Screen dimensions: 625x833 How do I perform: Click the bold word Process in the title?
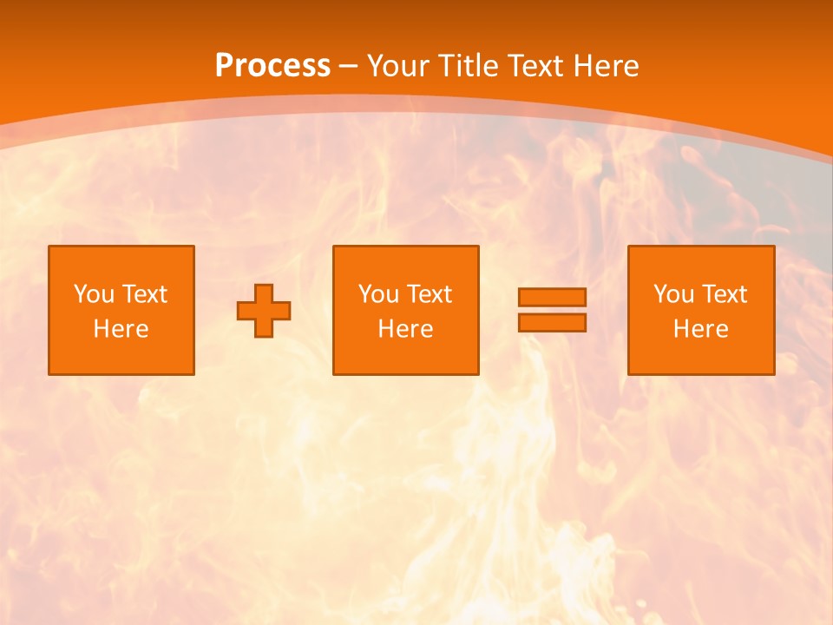coord(272,66)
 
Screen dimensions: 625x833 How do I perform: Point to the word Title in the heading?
coord(463,66)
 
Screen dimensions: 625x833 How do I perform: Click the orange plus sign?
coord(264,311)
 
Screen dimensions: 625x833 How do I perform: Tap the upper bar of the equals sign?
coord(552,298)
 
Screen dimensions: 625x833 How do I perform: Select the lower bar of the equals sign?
coord(552,322)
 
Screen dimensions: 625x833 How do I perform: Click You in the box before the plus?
coord(94,294)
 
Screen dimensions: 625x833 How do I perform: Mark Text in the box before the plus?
coord(144,294)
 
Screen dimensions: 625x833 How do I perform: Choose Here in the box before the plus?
coord(121,329)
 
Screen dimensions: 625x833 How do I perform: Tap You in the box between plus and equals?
coord(378,294)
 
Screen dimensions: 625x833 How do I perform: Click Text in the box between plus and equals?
coord(429,294)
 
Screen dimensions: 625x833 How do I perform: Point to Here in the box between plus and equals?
coord(405,329)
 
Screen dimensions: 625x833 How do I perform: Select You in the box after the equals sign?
coord(673,294)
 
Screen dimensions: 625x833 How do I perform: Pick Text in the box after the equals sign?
coord(724,294)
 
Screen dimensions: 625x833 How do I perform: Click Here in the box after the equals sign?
coord(700,329)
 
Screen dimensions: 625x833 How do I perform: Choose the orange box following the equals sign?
coord(701,356)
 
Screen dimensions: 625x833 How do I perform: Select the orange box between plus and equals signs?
coord(406,356)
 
